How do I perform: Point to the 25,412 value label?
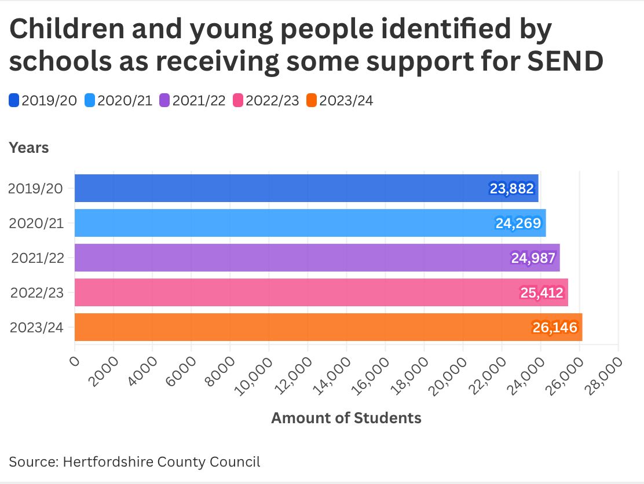pos(541,293)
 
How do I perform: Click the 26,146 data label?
pos(555,328)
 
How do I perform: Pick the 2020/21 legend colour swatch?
pos(90,101)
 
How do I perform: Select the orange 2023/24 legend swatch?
pos(312,101)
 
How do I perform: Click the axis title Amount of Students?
pos(346,417)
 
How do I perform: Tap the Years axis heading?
pos(29,148)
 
